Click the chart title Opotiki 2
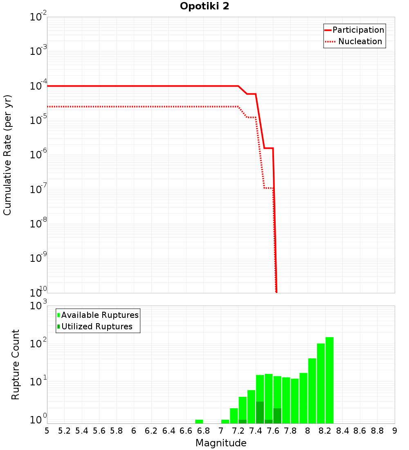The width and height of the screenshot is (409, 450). [x=205, y=7]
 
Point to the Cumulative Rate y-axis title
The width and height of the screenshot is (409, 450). [x=7, y=155]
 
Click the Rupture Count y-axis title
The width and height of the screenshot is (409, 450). [x=16, y=364]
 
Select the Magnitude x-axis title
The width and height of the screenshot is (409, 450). [x=221, y=443]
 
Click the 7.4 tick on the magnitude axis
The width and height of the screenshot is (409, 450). [x=256, y=431]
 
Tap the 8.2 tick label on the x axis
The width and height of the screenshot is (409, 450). [x=325, y=431]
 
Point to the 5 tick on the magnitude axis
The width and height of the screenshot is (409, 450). [x=47, y=431]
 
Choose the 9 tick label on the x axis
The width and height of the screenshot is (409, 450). [x=395, y=431]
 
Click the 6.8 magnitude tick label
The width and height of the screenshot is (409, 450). [x=203, y=431]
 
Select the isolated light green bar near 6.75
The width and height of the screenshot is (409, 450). [x=199, y=421]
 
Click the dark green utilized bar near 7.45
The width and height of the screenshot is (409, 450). [x=260, y=413]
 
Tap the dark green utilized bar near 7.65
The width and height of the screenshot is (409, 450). [x=277, y=416]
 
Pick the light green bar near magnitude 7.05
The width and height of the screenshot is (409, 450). [x=225, y=421]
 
